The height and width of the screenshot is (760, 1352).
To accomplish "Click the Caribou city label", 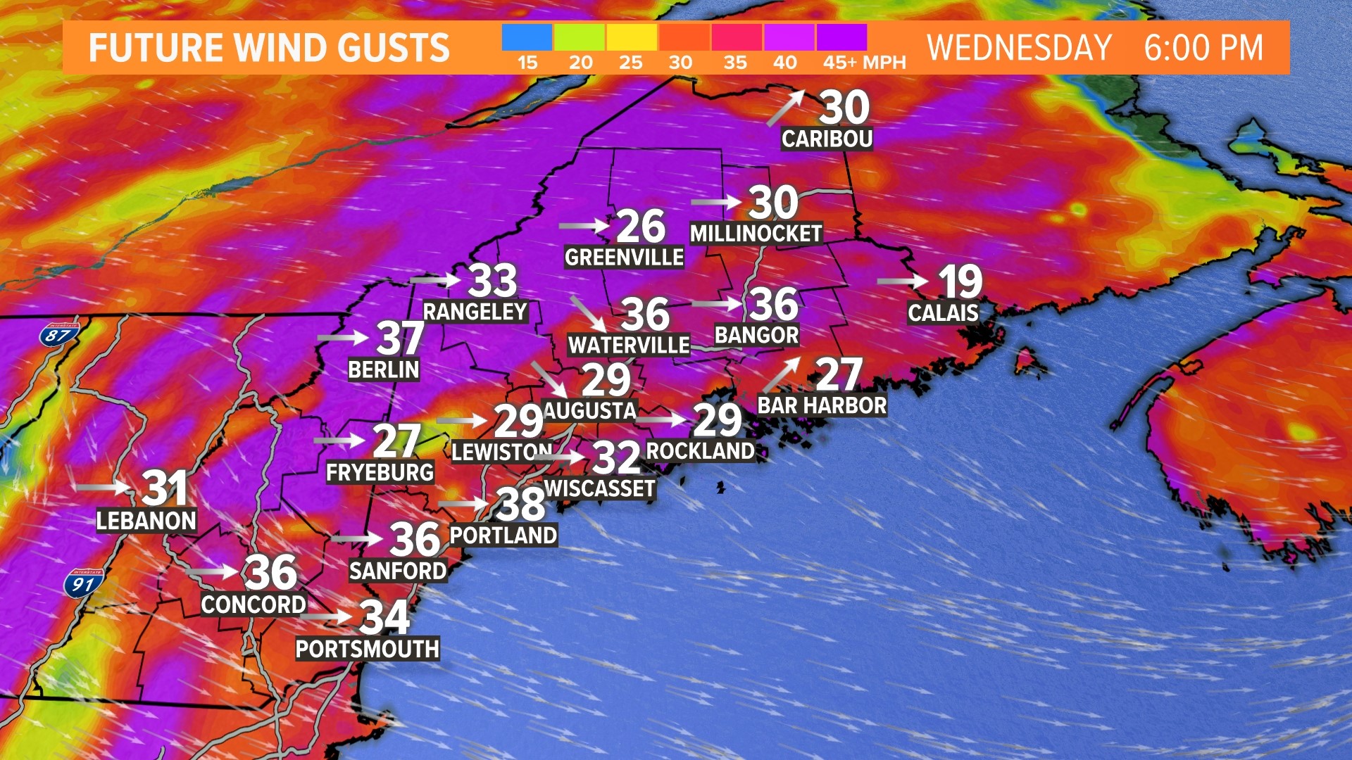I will (827, 139).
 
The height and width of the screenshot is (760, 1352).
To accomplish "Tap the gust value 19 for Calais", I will (960, 282).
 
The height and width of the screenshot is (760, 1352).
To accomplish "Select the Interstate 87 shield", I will (59, 334).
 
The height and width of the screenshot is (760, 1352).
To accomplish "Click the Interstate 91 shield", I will (83, 583).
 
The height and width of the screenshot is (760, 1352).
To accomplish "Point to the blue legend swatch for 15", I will (527, 37).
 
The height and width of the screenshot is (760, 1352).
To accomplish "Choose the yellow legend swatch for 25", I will (631, 37).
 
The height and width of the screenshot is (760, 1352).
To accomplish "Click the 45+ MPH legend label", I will (864, 63).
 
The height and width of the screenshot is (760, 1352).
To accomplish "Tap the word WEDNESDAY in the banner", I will (1018, 48).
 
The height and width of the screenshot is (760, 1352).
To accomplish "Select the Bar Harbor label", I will (821, 405).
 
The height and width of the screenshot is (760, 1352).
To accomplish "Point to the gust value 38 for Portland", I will (520, 503).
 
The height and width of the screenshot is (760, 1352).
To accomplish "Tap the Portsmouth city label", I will (367, 649).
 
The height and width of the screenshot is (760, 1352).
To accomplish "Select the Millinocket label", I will (756, 234).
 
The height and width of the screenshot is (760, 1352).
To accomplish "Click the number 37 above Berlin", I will (400, 338).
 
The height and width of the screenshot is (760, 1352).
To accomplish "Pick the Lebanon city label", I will (146, 521).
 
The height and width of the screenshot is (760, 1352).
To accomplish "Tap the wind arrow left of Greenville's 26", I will (584, 226).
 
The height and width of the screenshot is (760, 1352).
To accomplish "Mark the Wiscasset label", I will (600, 488).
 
